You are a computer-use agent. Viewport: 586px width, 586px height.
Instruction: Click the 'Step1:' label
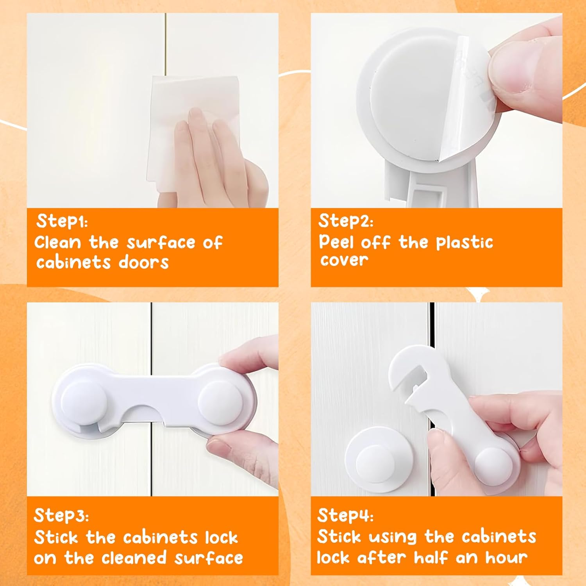click(62, 221)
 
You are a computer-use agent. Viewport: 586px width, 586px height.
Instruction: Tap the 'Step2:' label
click(345, 221)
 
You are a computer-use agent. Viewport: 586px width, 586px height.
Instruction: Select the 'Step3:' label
click(61, 516)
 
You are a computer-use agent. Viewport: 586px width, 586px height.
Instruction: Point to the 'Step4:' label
click(345, 516)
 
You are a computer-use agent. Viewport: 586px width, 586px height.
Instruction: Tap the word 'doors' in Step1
click(143, 262)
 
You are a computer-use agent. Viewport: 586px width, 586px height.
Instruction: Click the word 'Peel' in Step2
click(336, 242)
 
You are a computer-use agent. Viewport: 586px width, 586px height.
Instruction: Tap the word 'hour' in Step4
click(506, 557)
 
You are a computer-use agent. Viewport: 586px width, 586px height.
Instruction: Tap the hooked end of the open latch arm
click(402, 367)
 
